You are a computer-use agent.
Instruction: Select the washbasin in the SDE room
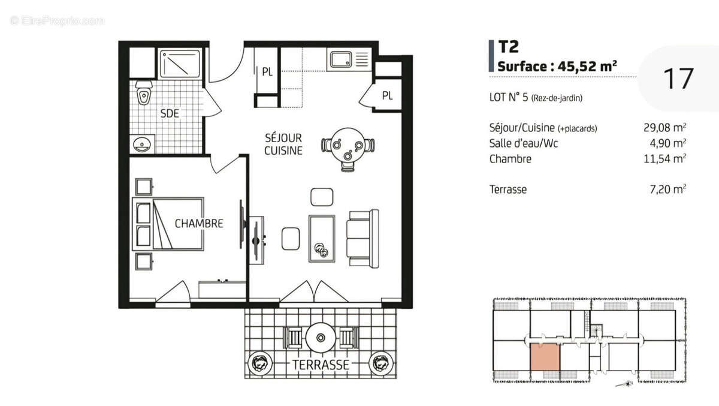click(142, 144)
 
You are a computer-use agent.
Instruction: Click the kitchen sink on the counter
click(342, 59)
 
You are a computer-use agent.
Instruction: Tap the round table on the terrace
click(322, 338)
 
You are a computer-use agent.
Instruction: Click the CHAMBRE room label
click(199, 223)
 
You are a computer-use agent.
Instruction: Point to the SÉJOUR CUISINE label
click(283, 145)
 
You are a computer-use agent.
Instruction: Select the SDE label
click(170, 113)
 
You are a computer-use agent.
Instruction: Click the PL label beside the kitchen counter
click(267, 71)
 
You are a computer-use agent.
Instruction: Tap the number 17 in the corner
click(678, 79)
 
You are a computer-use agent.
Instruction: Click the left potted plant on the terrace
click(259, 362)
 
